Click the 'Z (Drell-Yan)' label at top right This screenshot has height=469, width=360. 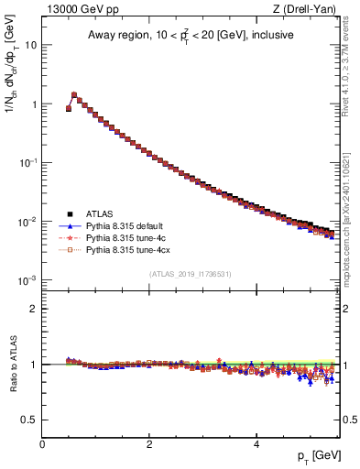click(309, 10)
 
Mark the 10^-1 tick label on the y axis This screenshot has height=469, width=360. click(29, 162)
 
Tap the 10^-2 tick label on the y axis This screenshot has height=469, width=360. click(29, 221)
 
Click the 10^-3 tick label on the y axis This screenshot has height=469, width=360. click(29, 279)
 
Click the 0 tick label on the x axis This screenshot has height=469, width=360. click(42, 444)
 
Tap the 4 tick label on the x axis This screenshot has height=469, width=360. click(256, 444)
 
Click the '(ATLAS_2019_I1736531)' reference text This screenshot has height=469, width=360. click(190, 274)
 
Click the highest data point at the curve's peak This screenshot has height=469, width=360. click(74, 94)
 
